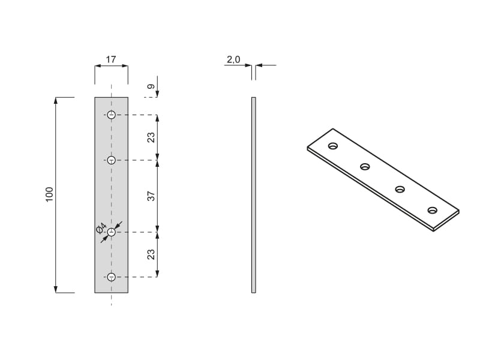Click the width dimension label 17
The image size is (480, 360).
click(111, 59)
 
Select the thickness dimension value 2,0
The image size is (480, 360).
click(233, 59)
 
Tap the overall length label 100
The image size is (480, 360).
click(49, 194)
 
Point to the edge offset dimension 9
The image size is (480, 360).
click(151, 86)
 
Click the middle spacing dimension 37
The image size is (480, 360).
click(151, 196)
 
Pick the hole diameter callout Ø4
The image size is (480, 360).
click(101, 229)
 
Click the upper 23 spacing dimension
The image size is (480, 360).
click(151, 137)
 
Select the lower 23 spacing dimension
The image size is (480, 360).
click(151, 254)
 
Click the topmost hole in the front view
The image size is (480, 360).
click(112, 115)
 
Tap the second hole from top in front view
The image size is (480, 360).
click(112, 160)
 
